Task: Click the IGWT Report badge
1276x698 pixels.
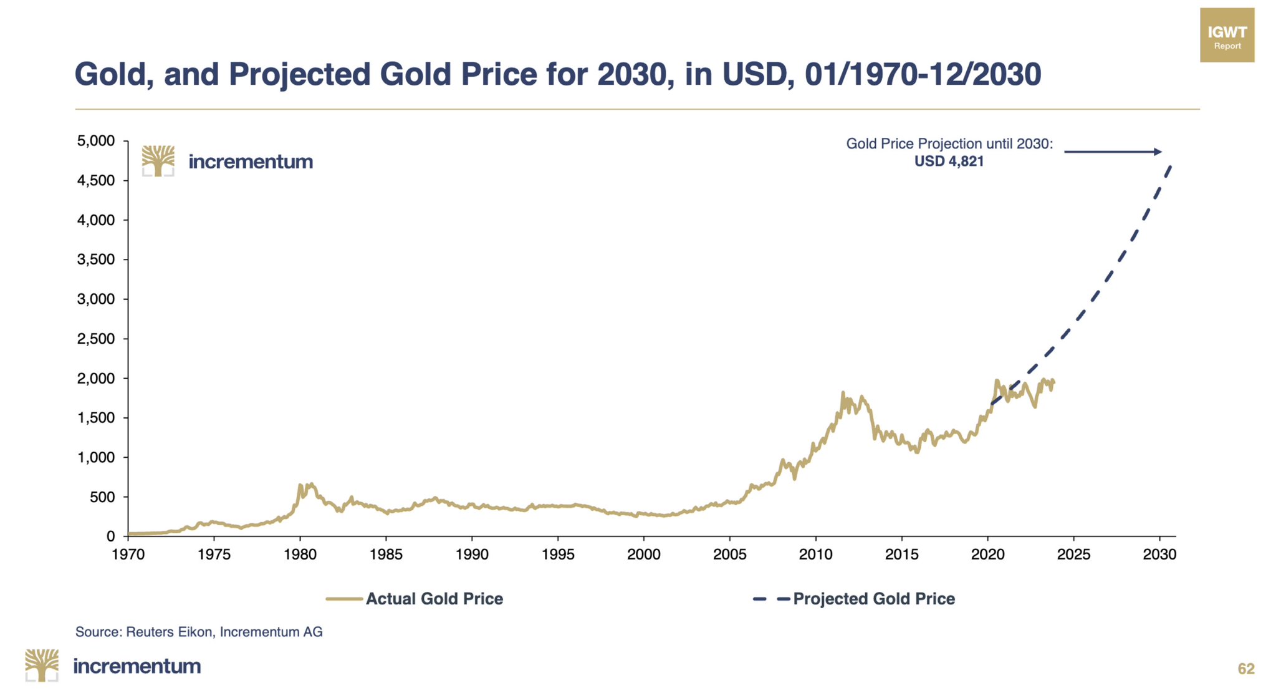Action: (x=1227, y=35)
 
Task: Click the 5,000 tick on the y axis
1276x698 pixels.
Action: (x=96, y=141)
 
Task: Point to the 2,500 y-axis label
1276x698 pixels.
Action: (x=96, y=339)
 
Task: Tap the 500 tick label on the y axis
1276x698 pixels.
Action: (x=102, y=497)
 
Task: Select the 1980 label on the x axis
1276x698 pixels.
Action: (x=300, y=555)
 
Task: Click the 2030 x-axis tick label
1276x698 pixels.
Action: (x=1159, y=555)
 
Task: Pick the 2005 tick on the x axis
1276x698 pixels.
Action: (x=729, y=555)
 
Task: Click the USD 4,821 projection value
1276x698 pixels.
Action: (x=949, y=162)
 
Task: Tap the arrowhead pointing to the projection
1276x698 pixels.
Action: (x=1158, y=152)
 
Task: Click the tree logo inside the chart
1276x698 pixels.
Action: (x=158, y=161)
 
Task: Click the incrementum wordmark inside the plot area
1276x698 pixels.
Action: (x=251, y=162)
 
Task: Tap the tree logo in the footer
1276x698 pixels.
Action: (x=42, y=665)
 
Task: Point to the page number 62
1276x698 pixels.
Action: (x=1245, y=669)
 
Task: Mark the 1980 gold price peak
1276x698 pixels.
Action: (x=300, y=485)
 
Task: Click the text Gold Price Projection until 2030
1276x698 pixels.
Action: (x=949, y=143)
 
